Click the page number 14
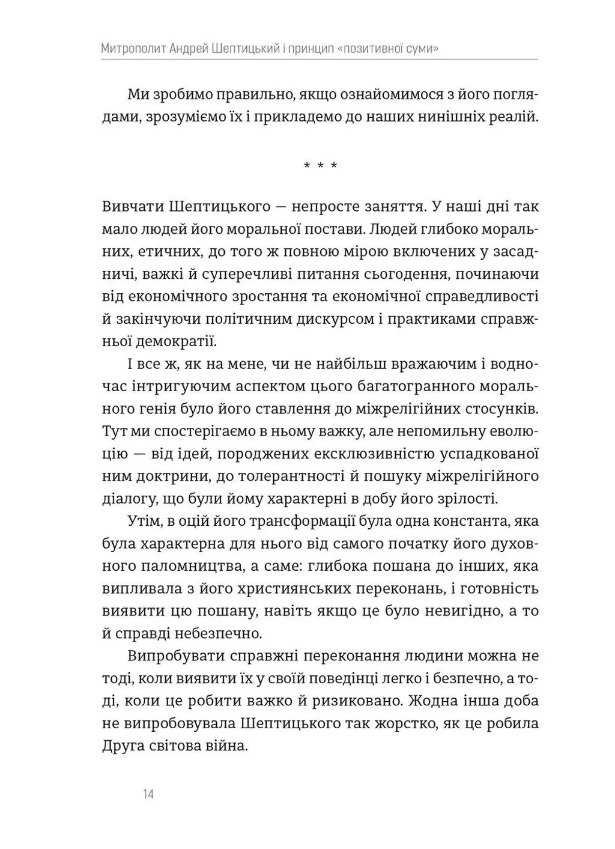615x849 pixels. coord(149,794)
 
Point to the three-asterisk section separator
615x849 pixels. coord(320,165)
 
